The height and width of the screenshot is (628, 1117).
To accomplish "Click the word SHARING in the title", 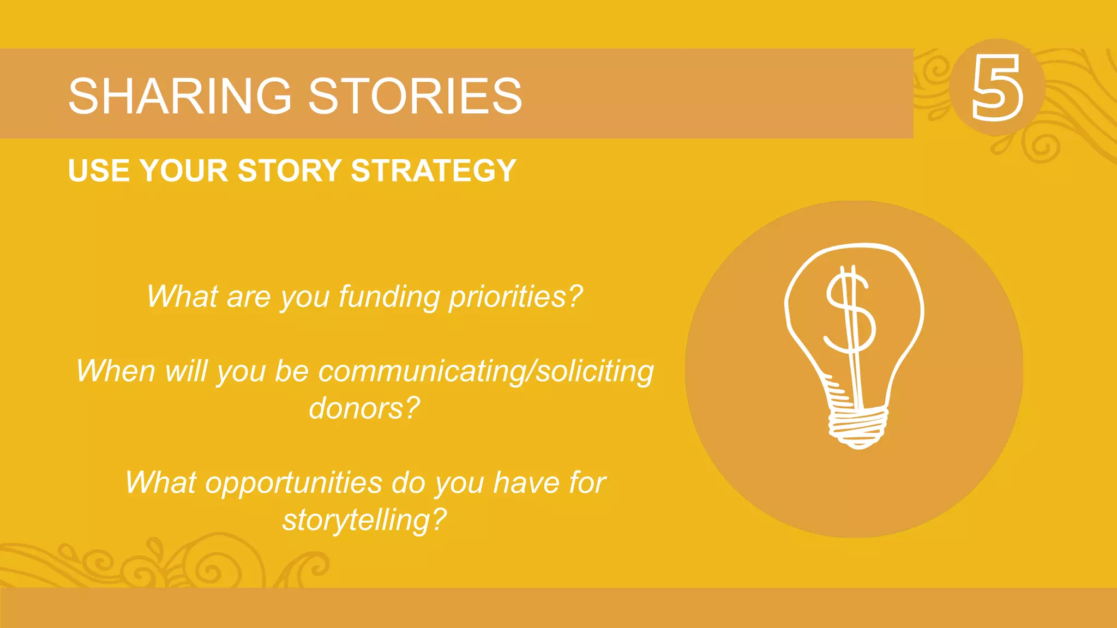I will pyautogui.click(x=180, y=96).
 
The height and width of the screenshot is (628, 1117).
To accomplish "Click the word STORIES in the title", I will pyautogui.click(x=415, y=96).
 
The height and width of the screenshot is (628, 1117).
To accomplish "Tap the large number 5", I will pyautogui.click(x=997, y=88).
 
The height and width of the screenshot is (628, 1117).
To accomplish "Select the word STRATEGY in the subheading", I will pyautogui.click(x=434, y=171).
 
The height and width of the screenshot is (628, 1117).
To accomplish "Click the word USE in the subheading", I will pyautogui.click(x=99, y=171).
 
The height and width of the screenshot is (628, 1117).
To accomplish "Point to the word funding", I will pyautogui.click(x=389, y=297).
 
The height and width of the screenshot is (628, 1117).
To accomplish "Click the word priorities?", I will pyautogui.click(x=516, y=297).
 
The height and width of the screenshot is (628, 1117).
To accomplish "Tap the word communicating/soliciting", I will pyautogui.click(x=486, y=372).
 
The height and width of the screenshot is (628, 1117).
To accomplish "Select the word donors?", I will pyautogui.click(x=364, y=408).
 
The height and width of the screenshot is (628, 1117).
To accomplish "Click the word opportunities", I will pyautogui.click(x=294, y=483).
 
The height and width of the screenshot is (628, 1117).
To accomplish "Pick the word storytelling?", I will pyautogui.click(x=364, y=520).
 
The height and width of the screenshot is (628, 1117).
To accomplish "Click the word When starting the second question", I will pyautogui.click(x=116, y=372).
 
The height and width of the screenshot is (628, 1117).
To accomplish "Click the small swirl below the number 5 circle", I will pyautogui.click(x=1042, y=147).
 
